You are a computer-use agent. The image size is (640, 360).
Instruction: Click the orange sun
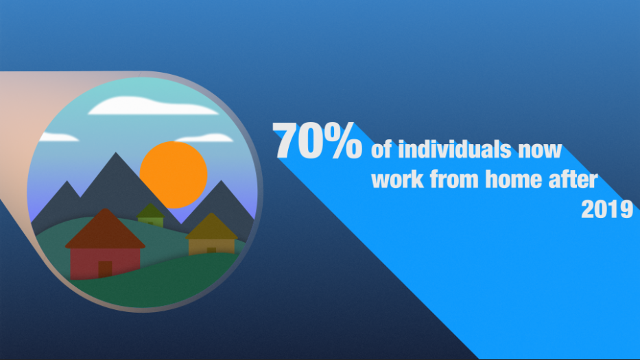pyautogui.click(x=174, y=175)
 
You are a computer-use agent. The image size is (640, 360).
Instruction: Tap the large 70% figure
pyautogui.click(x=317, y=141)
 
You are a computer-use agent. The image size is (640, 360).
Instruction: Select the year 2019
pyautogui.click(x=607, y=209)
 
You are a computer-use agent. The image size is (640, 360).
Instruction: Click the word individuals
pyautogui.click(x=454, y=149)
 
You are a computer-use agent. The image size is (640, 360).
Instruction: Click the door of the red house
pyautogui.click(x=105, y=269)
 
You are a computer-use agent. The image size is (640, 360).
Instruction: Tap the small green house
pyautogui.click(x=151, y=215)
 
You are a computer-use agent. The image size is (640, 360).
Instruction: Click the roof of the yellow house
pyautogui.click(x=211, y=226)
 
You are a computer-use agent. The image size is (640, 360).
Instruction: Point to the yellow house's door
pyautogui.click(x=211, y=250)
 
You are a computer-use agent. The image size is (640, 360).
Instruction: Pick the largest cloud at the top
pyautogui.click(x=153, y=106)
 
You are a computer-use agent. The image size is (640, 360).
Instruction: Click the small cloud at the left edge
pyautogui.click(x=58, y=137)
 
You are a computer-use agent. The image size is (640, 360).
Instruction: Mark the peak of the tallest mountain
pyautogui.click(x=115, y=153)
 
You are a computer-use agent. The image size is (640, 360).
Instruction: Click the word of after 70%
pyautogui.click(x=381, y=150)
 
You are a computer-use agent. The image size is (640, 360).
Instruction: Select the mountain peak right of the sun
pyautogui.click(x=222, y=180)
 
